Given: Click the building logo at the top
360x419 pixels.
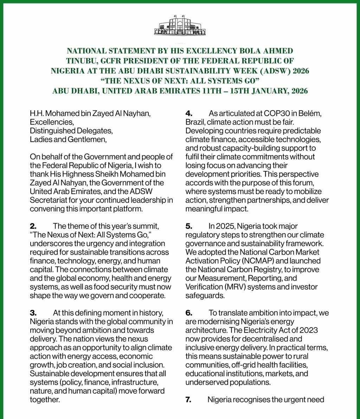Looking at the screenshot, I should tap(180, 25).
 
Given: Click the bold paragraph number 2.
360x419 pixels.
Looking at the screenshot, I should tap(33, 226).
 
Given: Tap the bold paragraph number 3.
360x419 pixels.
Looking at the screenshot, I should tap(33, 313).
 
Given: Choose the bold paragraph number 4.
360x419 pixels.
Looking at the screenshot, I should tap(188, 114).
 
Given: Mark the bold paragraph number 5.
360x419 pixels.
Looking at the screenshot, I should tap(188, 226).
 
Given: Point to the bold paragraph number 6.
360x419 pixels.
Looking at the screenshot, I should tap(189, 313).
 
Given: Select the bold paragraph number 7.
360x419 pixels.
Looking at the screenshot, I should tap(188, 400).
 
